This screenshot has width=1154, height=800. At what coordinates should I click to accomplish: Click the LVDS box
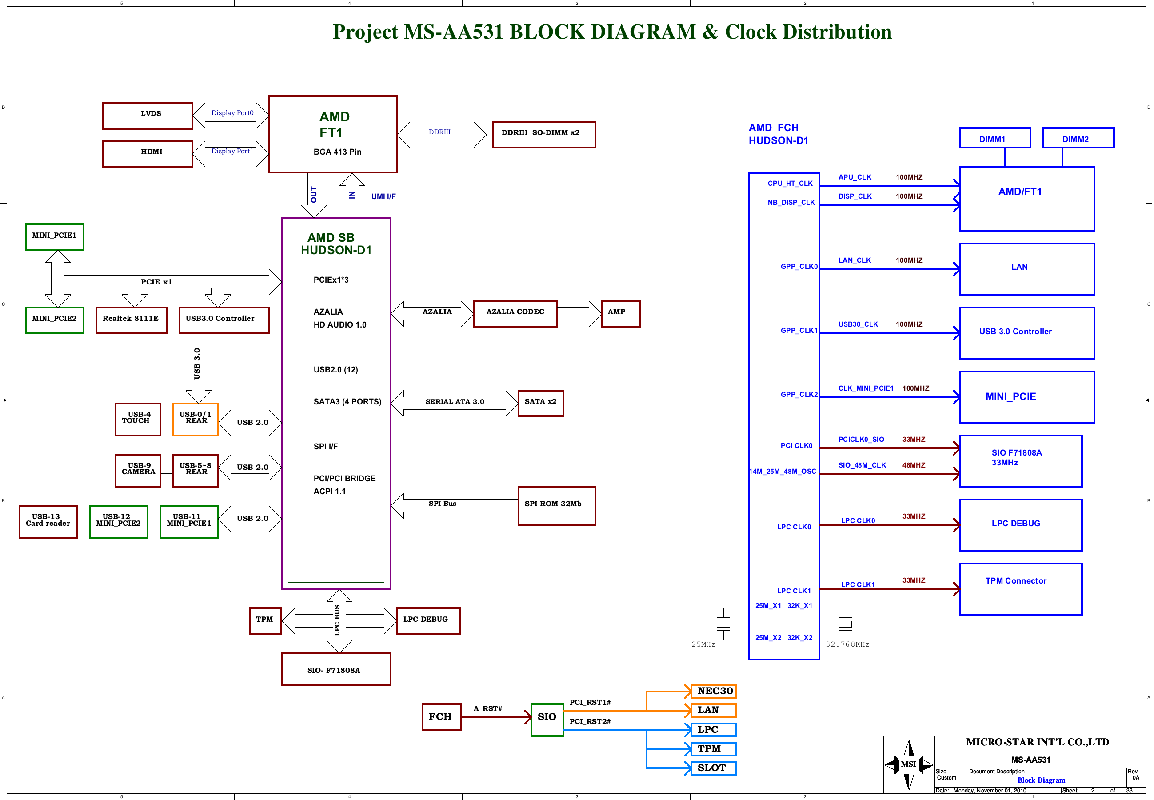tap(148, 115)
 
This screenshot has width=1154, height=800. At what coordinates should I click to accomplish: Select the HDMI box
tap(148, 153)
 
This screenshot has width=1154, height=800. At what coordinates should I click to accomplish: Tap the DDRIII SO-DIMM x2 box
tap(544, 134)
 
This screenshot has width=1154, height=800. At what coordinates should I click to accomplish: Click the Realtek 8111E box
tap(131, 320)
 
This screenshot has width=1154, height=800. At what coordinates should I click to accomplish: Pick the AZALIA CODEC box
tap(515, 313)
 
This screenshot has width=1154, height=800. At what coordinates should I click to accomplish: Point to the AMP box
tap(620, 313)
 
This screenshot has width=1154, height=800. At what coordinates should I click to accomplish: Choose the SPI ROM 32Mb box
tap(556, 505)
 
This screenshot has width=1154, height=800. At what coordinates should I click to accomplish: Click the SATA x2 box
tap(540, 403)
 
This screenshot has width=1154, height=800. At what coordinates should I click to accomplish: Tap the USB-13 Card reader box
tap(48, 521)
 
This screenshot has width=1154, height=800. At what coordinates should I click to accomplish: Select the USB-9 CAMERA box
tap(138, 470)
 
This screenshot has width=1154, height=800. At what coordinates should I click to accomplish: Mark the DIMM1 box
tap(994, 138)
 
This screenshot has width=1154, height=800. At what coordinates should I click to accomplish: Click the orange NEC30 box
tap(713, 691)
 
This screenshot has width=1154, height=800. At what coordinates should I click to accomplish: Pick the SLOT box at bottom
tap(713, 768)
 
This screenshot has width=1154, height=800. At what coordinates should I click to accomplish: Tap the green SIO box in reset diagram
tap(547, 719)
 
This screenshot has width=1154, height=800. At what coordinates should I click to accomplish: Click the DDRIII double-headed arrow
tap(441, 134)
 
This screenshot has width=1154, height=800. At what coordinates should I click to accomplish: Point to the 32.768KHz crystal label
tap(847, 644)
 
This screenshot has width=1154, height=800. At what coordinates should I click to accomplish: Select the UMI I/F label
tap(383, 196)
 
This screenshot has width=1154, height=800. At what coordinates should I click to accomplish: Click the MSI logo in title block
tap(908, 764)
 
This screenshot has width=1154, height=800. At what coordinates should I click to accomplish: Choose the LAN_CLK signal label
tap(855, 260)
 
